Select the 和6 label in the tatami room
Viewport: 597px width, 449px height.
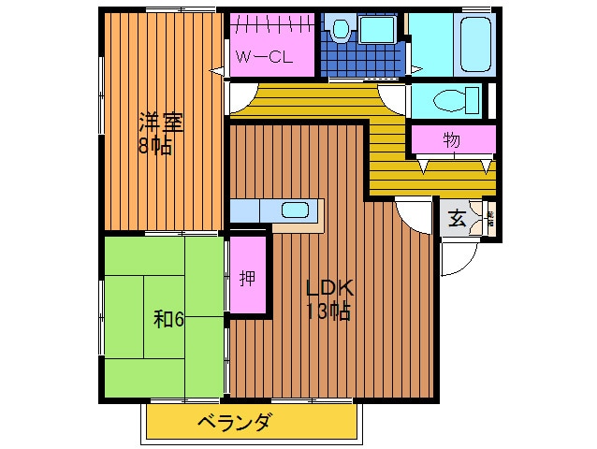click(x=168, y=319)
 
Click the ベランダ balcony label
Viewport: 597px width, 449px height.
click(x=234, y=423)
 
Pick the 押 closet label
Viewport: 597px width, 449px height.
click(x=246, y=279)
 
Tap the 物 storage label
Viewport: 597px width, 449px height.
click(x=451, y=141)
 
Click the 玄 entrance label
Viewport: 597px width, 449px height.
click(x=457, y=220)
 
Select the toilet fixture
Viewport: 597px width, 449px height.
click(x=458, y=98)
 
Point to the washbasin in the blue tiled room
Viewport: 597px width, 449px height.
click(x=378, y=30)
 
